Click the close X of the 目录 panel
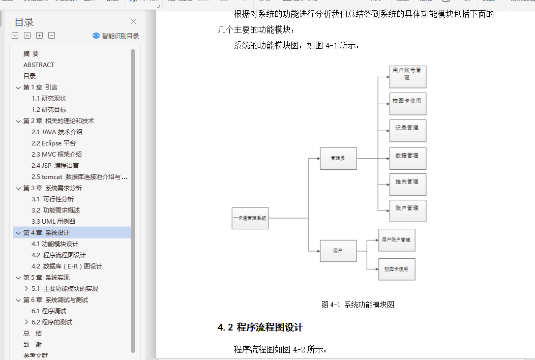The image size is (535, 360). coord(133,21)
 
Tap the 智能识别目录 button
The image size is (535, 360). coord(116,36)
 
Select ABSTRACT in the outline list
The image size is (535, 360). coord(39,65)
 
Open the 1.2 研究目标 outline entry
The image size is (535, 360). coord(49,109)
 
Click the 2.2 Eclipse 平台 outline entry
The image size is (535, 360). coord(53,143)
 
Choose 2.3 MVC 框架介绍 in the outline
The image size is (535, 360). coord(56,154)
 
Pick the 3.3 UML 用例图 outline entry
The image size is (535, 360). coord(53,221)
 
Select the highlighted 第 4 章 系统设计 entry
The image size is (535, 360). coord(46,232)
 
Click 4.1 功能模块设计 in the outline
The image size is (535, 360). coord(55,244)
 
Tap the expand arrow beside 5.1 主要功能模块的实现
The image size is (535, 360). coord(26,288)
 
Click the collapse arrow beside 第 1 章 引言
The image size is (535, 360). coord(18,87)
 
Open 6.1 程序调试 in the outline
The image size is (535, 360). coord(49,311)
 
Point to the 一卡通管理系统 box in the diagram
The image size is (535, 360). coord(250,218)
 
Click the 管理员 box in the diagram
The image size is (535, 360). coord(338,158)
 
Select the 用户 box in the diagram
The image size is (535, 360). coord(338,251)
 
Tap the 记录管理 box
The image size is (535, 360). coord(407,131)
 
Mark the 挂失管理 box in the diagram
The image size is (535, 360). coord(407,185)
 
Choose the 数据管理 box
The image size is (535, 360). coord(407,158)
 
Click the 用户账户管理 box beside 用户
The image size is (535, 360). coord(397,240)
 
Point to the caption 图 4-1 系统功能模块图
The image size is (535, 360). coord(358,305)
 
